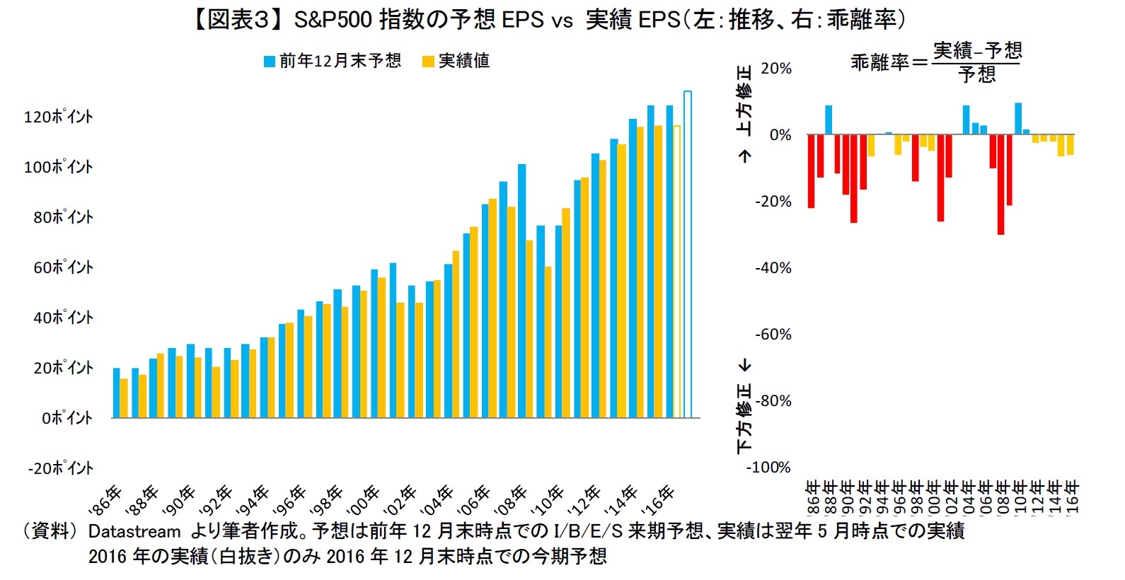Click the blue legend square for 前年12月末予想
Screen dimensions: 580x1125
270,62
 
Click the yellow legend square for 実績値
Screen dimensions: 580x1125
428,62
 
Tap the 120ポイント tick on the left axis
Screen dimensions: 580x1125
59,117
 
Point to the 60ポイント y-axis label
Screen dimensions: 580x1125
63,267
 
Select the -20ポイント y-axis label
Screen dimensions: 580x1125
60,468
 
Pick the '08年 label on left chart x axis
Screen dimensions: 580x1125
511,500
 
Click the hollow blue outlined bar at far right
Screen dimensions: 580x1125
688,255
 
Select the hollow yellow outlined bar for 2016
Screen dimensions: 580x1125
677,272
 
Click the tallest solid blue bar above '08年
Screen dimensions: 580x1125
522,290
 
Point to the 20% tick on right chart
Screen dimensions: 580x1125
776,69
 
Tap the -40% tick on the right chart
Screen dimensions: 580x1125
773,268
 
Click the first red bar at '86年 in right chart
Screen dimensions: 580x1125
812,171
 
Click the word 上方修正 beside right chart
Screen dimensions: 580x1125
744,100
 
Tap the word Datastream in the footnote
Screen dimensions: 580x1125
134,531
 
